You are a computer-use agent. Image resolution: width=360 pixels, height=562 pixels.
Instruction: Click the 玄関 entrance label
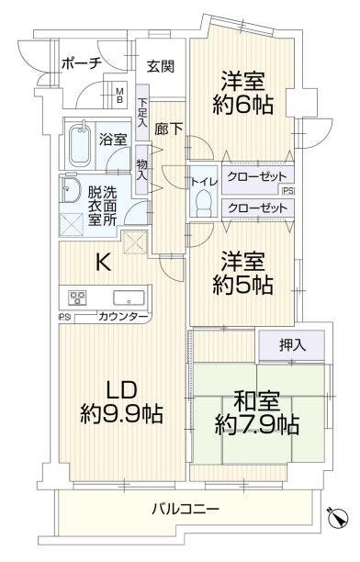(x=161, y=67)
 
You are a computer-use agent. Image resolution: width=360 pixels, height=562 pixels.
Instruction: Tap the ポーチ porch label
(x=82, y=63)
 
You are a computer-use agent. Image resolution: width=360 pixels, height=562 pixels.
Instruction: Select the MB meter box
(x=119, y=94)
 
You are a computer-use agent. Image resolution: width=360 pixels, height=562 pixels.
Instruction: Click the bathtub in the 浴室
(x=80, y=145)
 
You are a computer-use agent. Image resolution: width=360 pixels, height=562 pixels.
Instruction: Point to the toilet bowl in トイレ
(x=203, y=203)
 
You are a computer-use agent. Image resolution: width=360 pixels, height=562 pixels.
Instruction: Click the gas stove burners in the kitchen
(x=78, y=298)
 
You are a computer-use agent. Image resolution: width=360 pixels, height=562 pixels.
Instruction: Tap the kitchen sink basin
(x=129, y=298)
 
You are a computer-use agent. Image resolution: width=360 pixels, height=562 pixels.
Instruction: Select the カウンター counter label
(x=123, y=317)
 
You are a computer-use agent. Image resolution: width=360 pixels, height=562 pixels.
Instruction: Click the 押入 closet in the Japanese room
(x=291, y=345)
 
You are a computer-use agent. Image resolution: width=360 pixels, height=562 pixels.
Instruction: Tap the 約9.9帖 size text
(x=122, y=414)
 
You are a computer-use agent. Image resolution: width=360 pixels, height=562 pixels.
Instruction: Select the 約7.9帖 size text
(x=257, y=425)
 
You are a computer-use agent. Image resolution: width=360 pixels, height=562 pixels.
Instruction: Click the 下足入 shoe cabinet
(x=142, y=113)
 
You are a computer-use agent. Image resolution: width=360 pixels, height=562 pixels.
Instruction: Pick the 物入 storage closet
(x=141, y=170)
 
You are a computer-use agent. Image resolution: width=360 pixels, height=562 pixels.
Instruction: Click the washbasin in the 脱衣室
(x=71, y=189)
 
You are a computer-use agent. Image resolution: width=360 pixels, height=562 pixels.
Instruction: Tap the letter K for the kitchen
(x=103, y=264)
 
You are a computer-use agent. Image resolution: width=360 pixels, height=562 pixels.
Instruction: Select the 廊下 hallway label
(x=169, y=129)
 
